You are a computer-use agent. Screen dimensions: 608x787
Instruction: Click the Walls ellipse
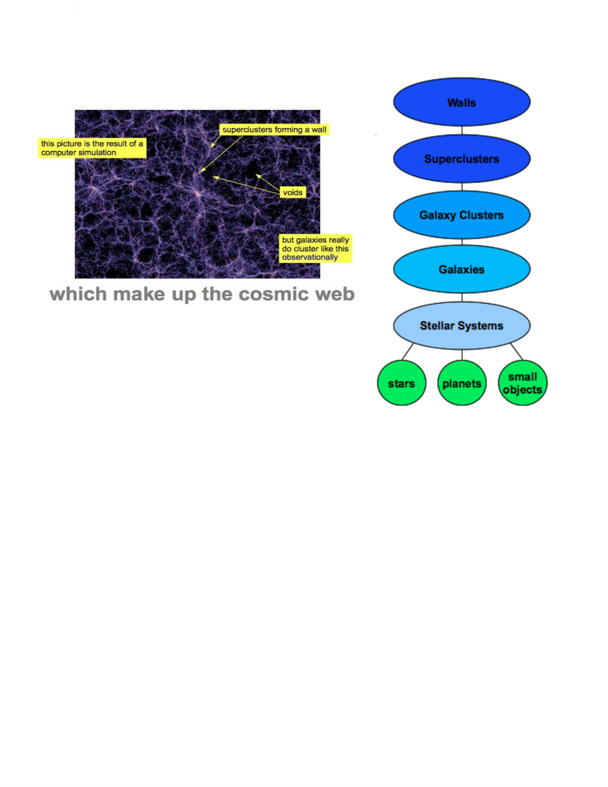(461, 102)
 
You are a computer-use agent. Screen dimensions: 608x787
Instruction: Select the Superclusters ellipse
(461, 159)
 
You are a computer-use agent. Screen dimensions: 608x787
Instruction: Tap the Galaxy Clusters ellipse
(461, 215)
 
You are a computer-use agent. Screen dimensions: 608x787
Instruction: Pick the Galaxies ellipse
(461, 269)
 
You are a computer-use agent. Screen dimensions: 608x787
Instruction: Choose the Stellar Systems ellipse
(461, 325)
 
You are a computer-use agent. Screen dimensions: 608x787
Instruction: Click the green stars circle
(402, 383)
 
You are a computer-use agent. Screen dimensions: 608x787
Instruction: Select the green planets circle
(462, 383)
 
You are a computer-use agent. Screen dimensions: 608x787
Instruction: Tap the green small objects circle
(523, 383)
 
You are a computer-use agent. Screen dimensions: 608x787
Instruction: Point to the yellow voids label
(292, 192)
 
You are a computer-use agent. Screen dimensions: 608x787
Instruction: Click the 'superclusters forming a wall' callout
(274, 129)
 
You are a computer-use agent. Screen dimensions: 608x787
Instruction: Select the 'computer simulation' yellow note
(92, 148)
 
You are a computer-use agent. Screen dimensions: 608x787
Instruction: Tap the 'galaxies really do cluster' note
(316, 248)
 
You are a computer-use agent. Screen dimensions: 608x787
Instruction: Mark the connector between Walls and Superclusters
(462, 130)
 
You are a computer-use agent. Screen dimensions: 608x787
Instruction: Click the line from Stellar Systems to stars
(408, 351)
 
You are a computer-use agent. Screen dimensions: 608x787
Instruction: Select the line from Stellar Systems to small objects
(516, 351)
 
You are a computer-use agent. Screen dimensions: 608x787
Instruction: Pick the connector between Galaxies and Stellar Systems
(462, 297)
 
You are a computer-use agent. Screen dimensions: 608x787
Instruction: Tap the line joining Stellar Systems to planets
(462, 354)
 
